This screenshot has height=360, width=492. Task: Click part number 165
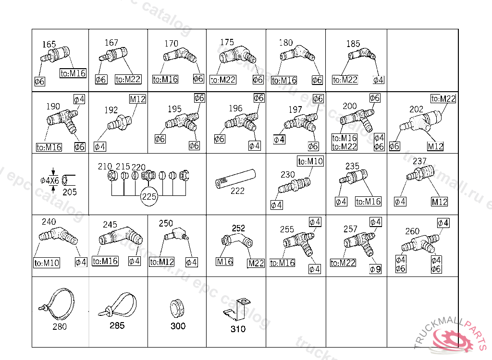(x=49, y=45)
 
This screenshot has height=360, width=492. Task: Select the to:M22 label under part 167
(x=128, y=79)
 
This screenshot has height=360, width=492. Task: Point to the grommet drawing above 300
(x=177, y=308)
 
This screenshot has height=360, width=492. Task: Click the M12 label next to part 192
(x=137, y=99)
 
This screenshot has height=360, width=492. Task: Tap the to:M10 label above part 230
(x=310, y=161)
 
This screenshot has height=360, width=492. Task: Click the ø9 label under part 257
(x=375, y=269)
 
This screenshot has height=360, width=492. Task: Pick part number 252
(x=238, y=228)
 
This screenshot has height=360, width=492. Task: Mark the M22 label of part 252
(x=256, y=263)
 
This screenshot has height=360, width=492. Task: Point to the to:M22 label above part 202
(x=443, y=99)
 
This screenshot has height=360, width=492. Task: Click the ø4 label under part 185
(x=379, y=80)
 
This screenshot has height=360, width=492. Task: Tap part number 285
(x=117, y=325)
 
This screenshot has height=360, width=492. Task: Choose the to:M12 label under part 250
(x=161, y=262)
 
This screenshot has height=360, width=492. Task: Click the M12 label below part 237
(x=439, y=202)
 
